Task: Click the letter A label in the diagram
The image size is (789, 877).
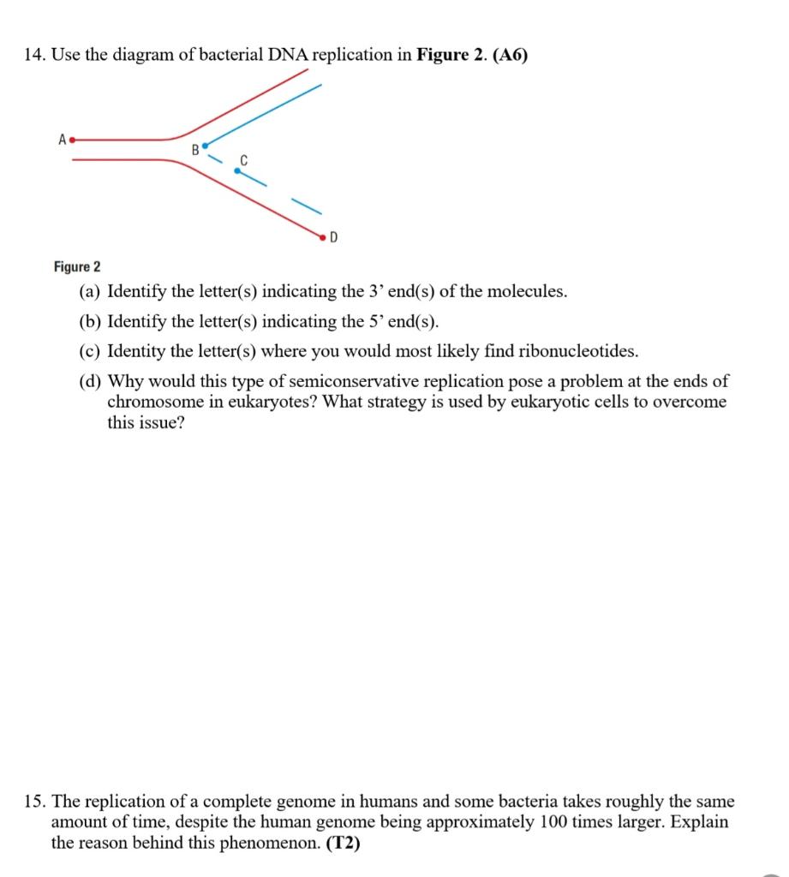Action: pyautogui.click(x=62, y=139)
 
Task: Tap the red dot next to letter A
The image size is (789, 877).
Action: pyautogui.click(x=73, y=139)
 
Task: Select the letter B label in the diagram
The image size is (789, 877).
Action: pyautogui.click(x=194, y=151)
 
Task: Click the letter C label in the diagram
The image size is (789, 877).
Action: pyautogui.click(x=243, y=159)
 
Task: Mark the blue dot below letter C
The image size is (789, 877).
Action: pyautogui.click(x=237, y=170)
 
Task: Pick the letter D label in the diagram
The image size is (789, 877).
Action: pyautogui.click(x=333, y=236)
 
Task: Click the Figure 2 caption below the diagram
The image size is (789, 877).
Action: pyautogui.click(x=77, y=267)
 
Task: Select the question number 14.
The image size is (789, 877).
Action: pyautogui.click(x=34, y=56)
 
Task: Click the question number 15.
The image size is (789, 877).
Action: pyautogui.click(x=34, y=802)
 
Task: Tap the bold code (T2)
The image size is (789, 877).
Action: pyautogui.click(x=344, y=843)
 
